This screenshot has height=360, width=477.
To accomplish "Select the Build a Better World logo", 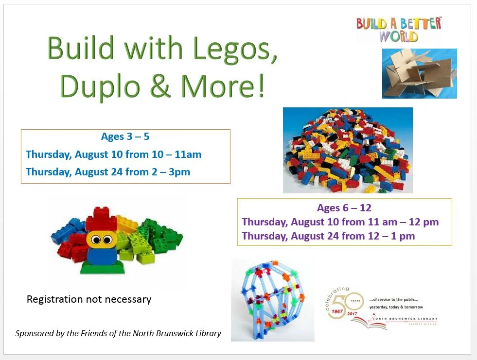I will [399, 29].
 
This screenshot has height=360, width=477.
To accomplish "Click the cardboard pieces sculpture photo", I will [419, 73].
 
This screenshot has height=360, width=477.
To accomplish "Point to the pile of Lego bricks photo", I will [348, 150].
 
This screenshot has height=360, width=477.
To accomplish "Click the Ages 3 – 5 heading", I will [125, 137].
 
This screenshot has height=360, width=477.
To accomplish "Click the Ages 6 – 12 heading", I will [344, 208].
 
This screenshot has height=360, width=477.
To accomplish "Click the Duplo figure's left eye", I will [95, 239].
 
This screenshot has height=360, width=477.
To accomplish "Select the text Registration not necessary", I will [89, 299].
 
